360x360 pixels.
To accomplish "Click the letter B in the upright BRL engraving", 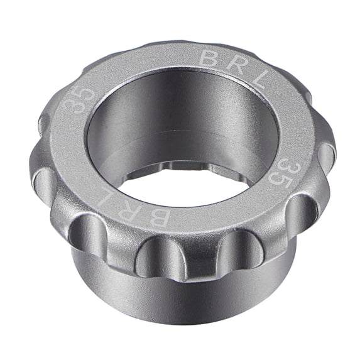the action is coord(209,58).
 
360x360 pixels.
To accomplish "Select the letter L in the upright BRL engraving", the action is coord(263,79).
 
